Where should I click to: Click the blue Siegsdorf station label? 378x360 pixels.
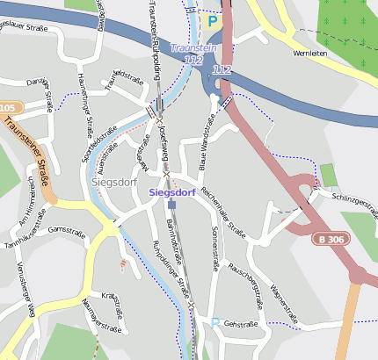[x=171, y=191]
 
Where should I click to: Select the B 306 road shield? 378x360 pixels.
[x=332, y=239]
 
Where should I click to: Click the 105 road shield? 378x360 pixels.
[x=7, y=108]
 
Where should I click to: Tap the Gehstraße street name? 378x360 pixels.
[x=240, y=324]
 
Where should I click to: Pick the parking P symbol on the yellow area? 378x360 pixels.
[x=211, y=19]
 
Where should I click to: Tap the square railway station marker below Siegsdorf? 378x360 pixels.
[x=171, y=204]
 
